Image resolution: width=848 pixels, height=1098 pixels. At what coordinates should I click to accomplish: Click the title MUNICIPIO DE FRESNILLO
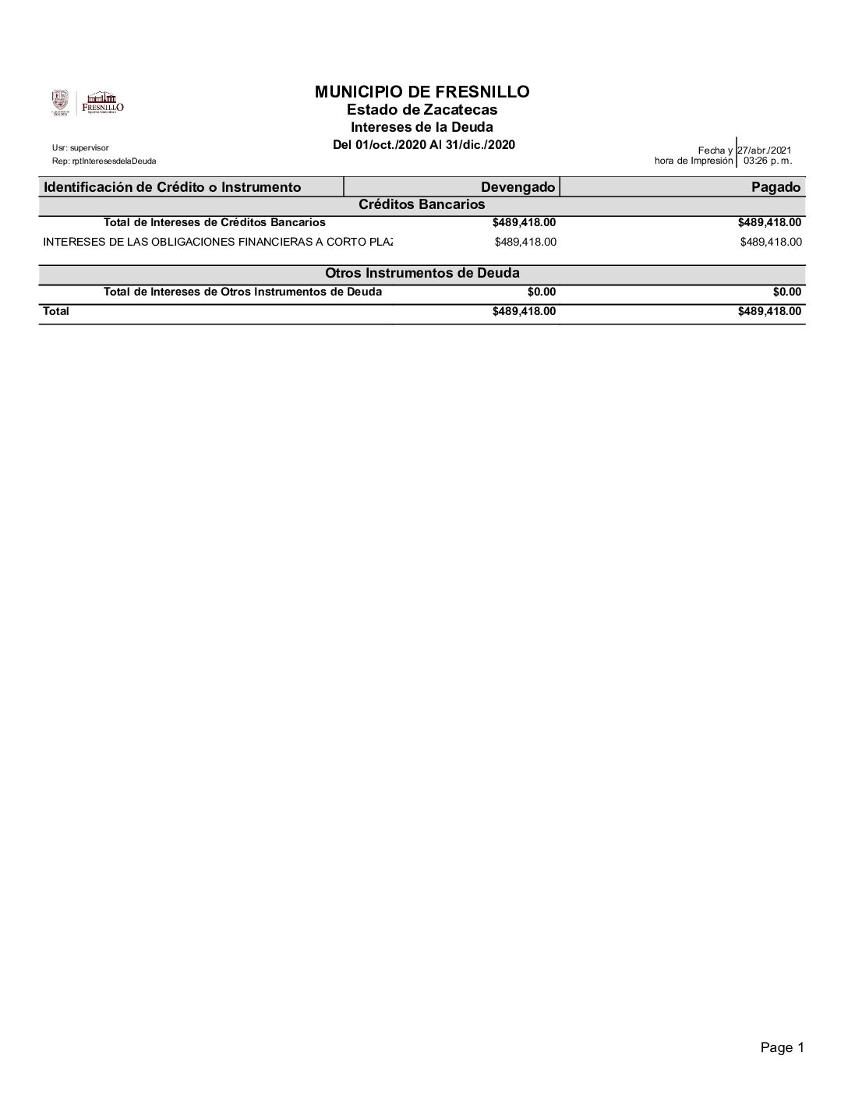422,92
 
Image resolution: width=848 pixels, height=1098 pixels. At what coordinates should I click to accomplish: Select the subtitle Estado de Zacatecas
422,110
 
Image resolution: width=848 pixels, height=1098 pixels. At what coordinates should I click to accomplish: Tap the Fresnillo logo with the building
103,103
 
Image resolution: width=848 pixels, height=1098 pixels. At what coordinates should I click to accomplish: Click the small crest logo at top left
60,102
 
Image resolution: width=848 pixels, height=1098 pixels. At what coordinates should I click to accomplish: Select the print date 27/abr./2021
764,151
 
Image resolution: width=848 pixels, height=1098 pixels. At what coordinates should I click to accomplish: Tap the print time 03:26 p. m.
768,161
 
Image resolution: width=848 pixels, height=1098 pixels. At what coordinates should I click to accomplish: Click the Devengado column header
518,187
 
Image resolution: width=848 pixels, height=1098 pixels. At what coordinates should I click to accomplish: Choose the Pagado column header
781,187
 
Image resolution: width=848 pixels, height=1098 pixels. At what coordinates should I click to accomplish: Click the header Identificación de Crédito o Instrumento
172,187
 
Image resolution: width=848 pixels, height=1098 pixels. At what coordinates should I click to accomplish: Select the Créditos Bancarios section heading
422,204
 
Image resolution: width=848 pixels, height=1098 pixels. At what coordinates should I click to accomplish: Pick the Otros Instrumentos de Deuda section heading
422,273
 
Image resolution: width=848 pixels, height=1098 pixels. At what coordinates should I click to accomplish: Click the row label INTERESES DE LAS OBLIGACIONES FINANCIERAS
217,242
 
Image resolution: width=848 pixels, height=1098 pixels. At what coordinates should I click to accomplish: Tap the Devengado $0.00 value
542,292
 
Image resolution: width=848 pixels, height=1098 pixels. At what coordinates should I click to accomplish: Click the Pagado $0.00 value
786,292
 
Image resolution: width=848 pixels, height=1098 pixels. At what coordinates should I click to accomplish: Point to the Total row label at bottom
56,311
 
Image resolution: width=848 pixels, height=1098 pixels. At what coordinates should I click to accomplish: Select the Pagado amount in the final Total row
769,311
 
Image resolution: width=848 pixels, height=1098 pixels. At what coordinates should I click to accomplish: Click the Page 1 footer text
782,1048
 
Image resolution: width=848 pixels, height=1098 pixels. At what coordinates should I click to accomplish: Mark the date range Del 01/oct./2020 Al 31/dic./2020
423,145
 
